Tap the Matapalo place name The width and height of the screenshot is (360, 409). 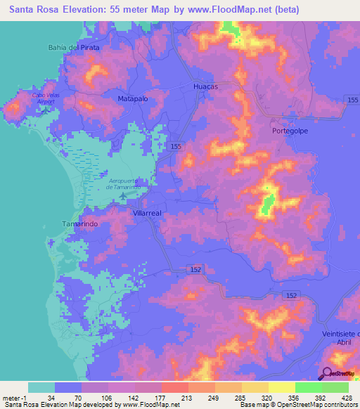tap(132, 99)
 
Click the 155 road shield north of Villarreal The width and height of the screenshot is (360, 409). tap(175, 146)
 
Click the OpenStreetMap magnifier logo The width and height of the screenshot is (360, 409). tap(327, 375)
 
